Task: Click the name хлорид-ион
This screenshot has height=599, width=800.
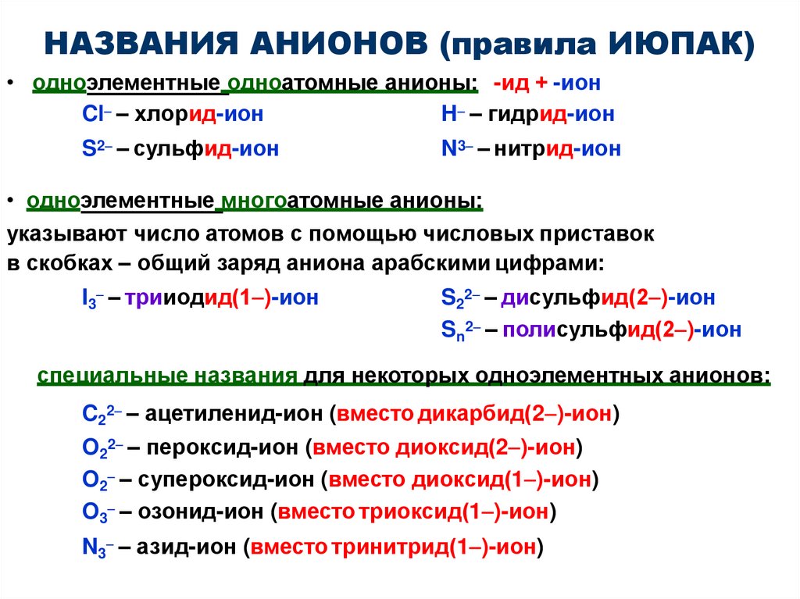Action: click(x=198, y=115)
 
